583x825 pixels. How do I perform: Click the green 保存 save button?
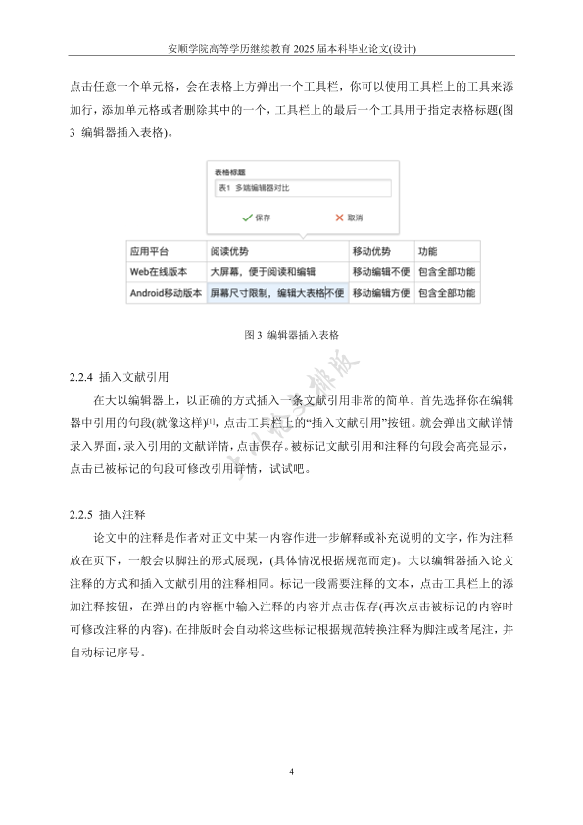click(256, 217)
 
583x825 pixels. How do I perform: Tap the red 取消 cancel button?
click(348, 217)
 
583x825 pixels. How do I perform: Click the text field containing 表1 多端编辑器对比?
click(302, 189)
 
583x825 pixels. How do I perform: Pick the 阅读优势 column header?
click(229, 252)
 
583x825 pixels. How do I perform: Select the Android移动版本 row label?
click(166, 292)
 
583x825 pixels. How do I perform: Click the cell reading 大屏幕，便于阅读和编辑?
click(263, 271)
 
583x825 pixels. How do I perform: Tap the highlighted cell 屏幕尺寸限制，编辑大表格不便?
click(276, 292)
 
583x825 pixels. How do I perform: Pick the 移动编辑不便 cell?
click(379, 271)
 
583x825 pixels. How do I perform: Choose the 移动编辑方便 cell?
click(379, 292)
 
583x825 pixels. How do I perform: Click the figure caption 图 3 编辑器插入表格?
click(291, 334)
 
